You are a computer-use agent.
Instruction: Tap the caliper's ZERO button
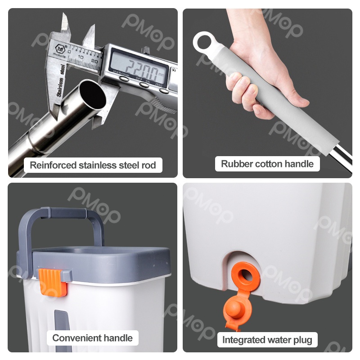coord(163,91)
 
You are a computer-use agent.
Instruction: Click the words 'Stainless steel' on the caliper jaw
coord(60,81)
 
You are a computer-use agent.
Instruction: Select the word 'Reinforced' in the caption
coord(53,165)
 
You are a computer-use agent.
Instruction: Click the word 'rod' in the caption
coord(149,165)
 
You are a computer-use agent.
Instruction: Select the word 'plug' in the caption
coord(302,340)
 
